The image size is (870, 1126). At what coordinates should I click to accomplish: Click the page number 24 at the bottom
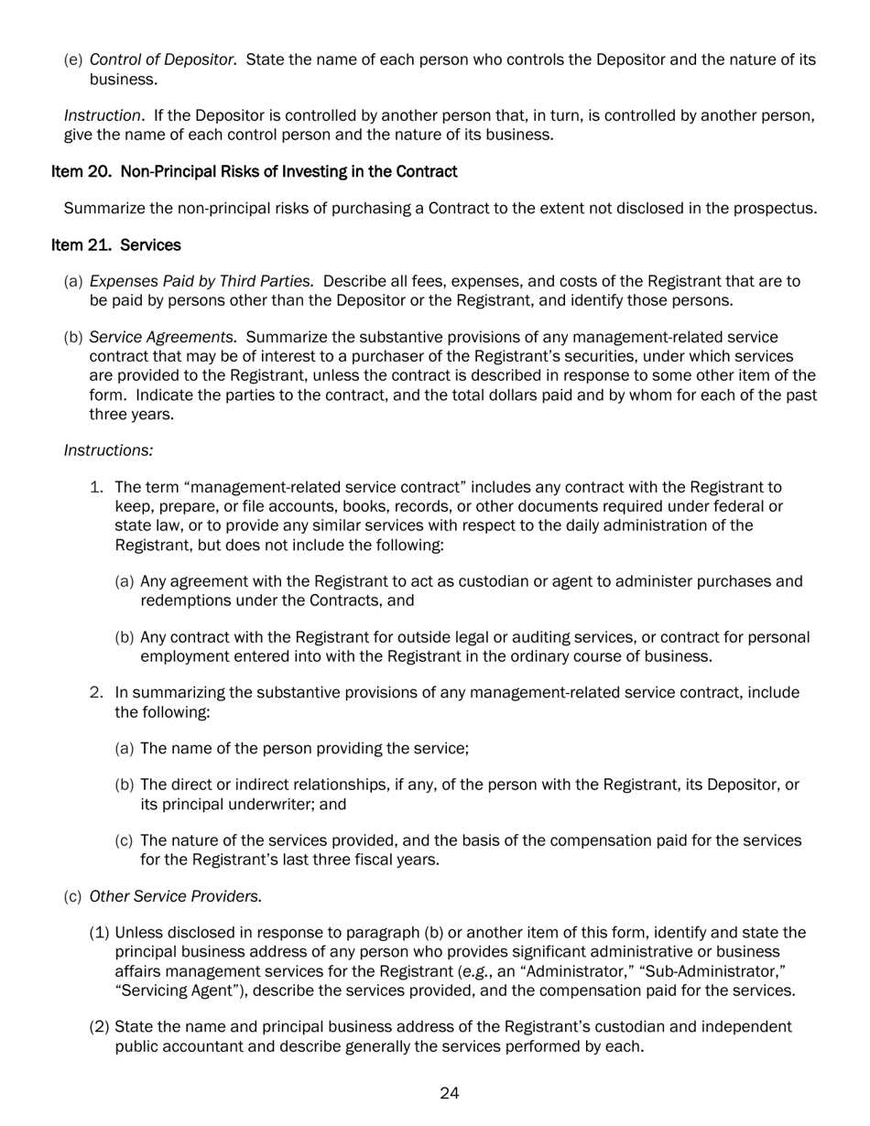pos(449,1093)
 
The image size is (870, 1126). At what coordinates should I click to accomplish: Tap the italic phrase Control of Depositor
pos(164,60)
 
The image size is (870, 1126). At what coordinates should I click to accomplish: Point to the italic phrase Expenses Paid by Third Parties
pos(202,281)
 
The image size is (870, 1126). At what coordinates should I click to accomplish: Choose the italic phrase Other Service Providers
pos(176,896)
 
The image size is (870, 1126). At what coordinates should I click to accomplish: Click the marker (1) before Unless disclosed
pos(100,933)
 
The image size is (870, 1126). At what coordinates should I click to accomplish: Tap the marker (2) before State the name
pos(100,1027)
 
